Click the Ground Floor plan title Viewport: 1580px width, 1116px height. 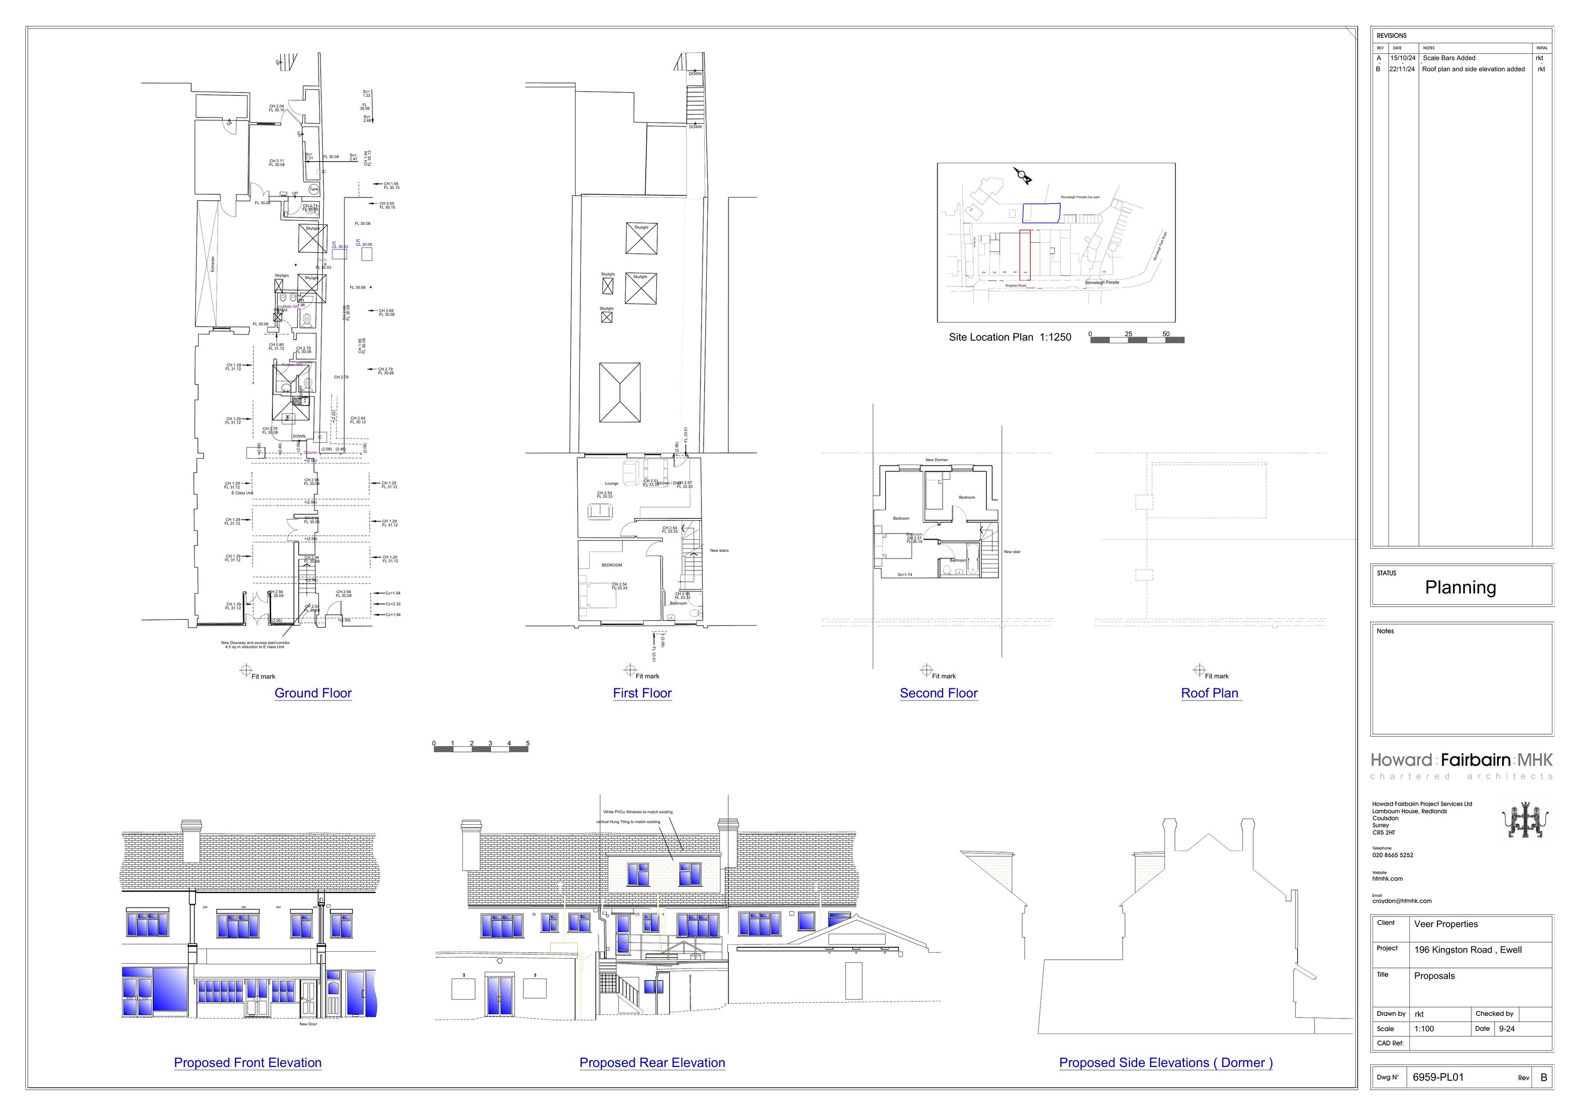click(313, 693)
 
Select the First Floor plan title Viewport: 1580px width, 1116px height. click(642, 693)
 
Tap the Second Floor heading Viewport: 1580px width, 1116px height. click(939, 693)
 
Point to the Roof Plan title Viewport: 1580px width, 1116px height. click(1210, 693)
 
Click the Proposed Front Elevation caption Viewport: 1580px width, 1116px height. click(248, 1062)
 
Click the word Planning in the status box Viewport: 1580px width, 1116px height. click(1460, 588)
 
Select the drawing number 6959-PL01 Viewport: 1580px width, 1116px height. click(1438, 1078)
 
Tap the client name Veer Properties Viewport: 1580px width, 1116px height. click(1446, 924)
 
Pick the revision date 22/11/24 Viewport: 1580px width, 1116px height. click(1402, 69)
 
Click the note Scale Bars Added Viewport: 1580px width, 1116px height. click(1449, 58)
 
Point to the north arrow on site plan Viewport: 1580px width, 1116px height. click(1023, 176)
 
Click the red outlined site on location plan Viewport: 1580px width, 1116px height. click(1025, 254)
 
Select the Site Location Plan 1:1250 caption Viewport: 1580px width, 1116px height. click(1010, 337)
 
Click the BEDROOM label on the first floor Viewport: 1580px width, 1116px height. click(612, 565)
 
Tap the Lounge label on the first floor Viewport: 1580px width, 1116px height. click(611, 483)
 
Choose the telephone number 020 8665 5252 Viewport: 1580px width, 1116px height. click(1393, 855)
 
